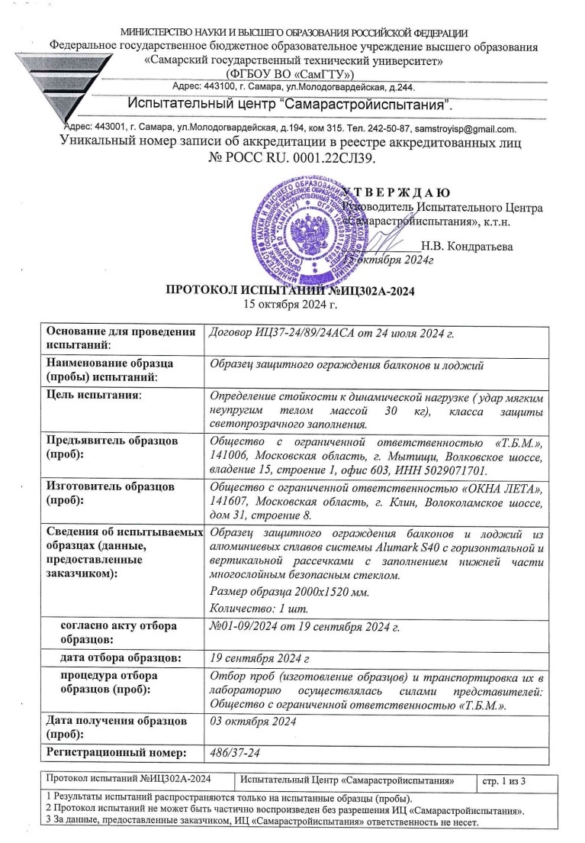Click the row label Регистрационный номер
tap(117, 753)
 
